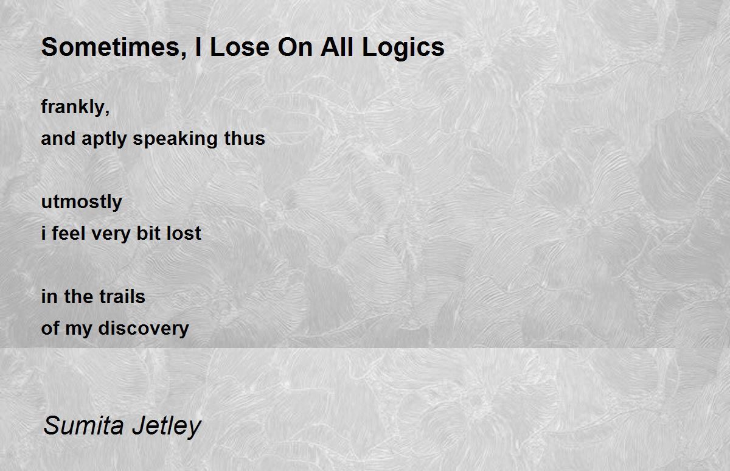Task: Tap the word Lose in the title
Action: tap(240, 47)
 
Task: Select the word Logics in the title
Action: tap(403, 49)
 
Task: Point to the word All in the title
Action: tap(337, 47)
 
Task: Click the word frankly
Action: tap(73, 107)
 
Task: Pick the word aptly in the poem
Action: tap(104, 139)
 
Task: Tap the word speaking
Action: tap(175, 139)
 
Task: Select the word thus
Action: tap(245, 138)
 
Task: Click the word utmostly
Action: tap(82, 202)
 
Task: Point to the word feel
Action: tap(68, 234)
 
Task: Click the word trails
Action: tap(122, 296)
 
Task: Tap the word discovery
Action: tap(144, 329)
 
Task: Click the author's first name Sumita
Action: tap(84, 426)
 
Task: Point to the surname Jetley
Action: tap(167, 427)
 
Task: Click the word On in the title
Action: tap(295, 47)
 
